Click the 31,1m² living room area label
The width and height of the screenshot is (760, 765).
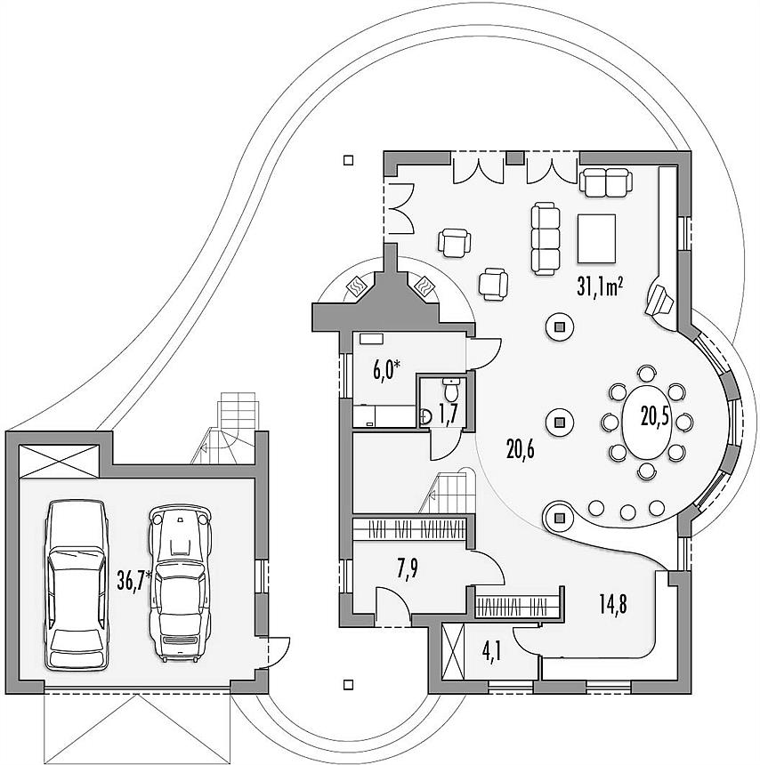[x=600, y=287]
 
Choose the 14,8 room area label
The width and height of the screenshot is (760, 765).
[x=612, y=605]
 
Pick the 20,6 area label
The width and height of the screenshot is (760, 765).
[x=520, y=449]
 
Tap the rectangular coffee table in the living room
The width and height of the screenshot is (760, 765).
[x=595, y=238]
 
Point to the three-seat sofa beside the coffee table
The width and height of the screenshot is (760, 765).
[x=545, y=239]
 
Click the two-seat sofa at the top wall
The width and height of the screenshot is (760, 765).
[x=606, y=182]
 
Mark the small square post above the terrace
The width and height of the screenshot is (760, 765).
[x=348, y=160]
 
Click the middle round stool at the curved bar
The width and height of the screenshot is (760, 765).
[x=627, y=511]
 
